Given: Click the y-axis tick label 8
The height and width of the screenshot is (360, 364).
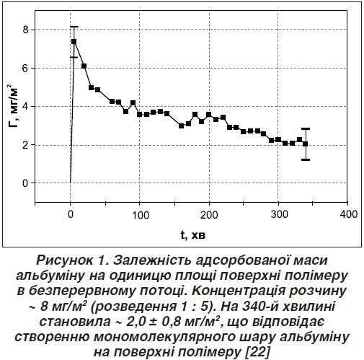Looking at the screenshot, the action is point(25,30).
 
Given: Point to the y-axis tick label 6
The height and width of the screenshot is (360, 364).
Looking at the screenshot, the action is point(25,69).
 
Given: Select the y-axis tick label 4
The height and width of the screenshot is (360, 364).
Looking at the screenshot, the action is point(25,107).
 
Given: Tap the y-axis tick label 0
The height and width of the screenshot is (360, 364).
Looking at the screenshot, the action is point(25,183).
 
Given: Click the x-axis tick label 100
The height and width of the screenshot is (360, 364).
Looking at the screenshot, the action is point(141,215).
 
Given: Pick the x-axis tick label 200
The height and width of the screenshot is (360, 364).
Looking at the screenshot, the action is point(209,215).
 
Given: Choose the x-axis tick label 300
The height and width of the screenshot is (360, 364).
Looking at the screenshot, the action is point(279,214).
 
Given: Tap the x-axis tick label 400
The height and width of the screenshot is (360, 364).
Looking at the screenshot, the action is point(349,214).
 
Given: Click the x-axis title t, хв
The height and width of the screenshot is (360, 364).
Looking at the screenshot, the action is point(193,235).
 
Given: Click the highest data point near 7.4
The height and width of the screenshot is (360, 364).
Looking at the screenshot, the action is point(74,42).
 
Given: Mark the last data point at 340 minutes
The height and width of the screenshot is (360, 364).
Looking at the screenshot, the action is point(306,144).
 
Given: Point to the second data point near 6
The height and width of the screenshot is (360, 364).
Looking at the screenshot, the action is point(84,66).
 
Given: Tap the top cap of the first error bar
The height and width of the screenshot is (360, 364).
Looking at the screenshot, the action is point(74,27).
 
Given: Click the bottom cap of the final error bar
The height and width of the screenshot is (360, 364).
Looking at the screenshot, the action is point(306,159).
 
